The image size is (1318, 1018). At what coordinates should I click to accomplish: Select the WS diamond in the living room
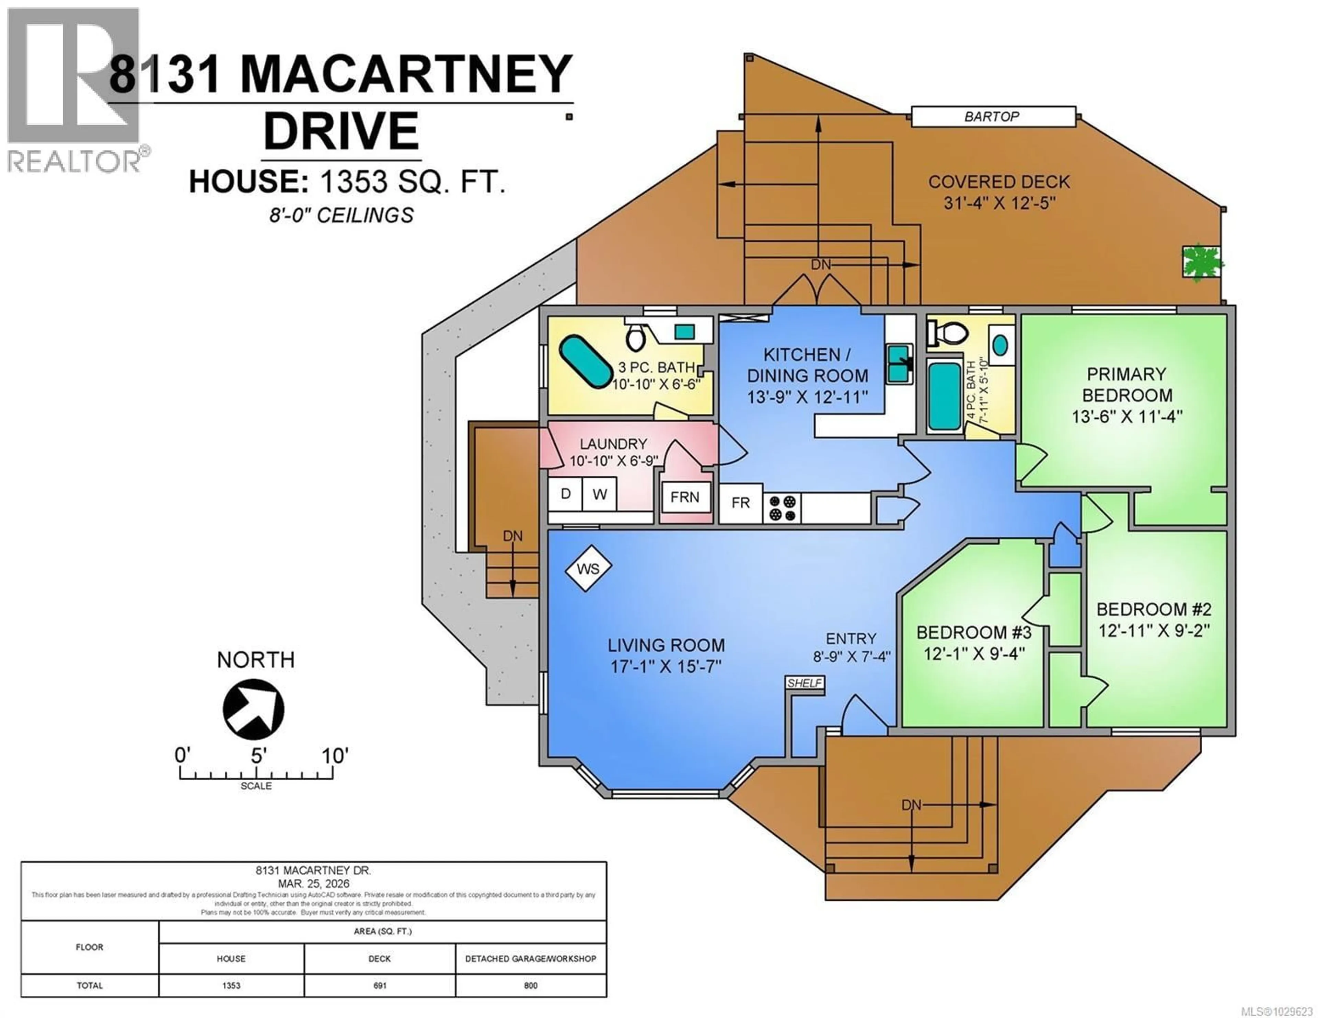click(x=588, y=569)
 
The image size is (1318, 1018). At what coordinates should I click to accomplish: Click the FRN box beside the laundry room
click(x=685, y=497)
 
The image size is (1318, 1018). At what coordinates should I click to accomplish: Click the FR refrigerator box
click(x=740, y=503)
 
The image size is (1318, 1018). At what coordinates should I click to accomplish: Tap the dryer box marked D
click(x=565, y=494)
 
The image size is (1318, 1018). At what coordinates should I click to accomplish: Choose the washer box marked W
click(x=599, y=494)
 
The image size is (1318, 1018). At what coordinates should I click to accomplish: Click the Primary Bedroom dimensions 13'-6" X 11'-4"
click(x=1127, y=417)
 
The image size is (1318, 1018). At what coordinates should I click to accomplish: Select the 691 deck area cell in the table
click(x=380, y=985)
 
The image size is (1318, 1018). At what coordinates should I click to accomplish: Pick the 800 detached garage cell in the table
click(x=530, y=985)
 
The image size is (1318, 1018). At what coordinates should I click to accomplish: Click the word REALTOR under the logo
click(x=74, y=161)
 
